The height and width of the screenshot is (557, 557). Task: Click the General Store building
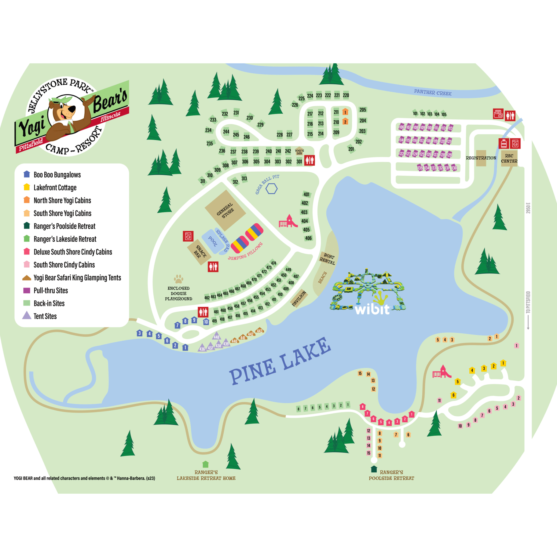225,210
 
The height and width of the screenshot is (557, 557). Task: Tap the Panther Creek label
432,92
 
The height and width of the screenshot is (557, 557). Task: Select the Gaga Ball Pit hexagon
271,188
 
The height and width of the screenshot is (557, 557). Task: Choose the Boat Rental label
328,259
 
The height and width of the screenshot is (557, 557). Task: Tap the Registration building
481,158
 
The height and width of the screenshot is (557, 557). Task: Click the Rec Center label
509,158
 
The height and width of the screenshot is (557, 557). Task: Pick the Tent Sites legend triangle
27,315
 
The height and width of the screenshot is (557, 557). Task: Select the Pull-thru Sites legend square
27,290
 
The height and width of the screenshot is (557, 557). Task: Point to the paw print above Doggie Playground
178,279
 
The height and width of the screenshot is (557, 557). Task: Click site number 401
306,194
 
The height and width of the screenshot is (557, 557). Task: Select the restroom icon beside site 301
309,160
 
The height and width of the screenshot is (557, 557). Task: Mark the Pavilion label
299,298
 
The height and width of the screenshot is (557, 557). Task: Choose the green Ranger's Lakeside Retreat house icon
205,464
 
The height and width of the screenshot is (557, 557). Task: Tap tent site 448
216,336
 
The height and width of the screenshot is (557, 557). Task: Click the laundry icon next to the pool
188,236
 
